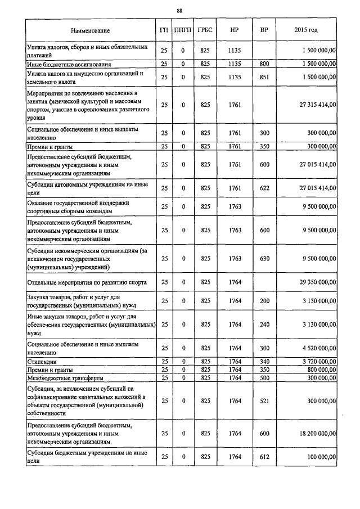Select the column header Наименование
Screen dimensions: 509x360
tap(91, 30)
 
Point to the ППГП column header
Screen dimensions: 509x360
tap(183, 30)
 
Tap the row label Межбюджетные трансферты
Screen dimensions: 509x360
tap(65, 377)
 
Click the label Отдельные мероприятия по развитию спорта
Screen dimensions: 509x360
tap(87, 282)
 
